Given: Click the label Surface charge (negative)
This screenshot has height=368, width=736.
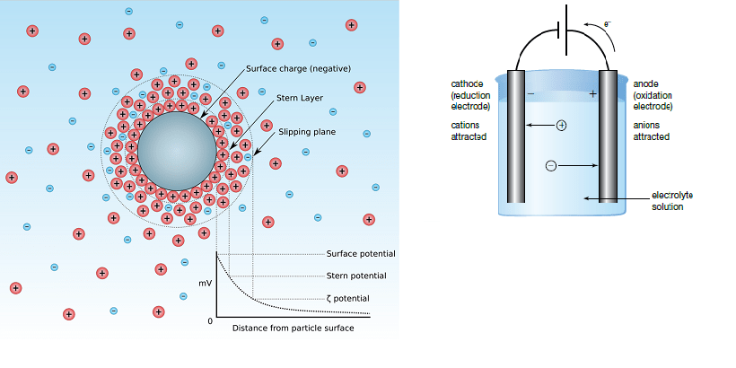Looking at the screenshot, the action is click(x=299, y=69).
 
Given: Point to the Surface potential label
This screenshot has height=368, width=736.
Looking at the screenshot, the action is click(x=361, y=254).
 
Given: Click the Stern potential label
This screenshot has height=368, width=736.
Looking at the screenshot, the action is click(x=356, y=276).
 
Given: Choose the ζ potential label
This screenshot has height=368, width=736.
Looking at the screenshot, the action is click(x=348, y=299).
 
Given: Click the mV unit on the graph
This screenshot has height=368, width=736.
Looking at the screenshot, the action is click(x=206, y=284).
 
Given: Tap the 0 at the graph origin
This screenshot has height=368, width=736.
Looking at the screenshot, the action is click(x=210, y=321).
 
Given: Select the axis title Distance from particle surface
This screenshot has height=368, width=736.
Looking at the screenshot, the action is click(x=293, y=329).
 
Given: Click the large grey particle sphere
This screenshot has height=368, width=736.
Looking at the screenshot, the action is click(x=177, y=151).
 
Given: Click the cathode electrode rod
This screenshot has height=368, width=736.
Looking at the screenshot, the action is click(x=516, y=136).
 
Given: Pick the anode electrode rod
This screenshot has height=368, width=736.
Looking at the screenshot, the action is click(x=608, y=136).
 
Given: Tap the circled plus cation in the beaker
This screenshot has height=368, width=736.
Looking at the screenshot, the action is click(x=561, y=126).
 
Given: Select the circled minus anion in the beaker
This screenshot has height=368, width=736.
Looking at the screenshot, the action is click(x=551, y=166).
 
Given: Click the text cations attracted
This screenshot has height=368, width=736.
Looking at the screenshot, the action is click(x=469, y=131).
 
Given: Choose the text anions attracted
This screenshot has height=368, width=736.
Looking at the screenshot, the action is click(x=652, y=131).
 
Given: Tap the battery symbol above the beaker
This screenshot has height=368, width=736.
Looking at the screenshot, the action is click(x=562, y=30).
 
